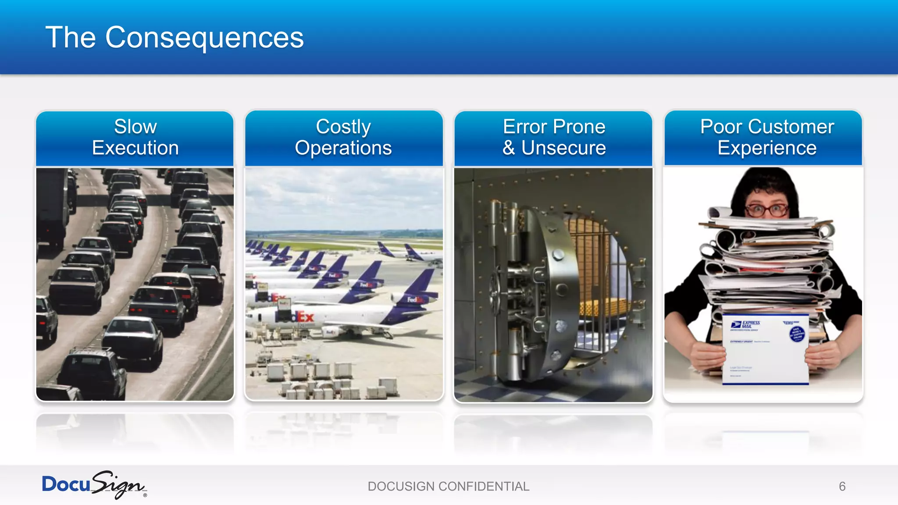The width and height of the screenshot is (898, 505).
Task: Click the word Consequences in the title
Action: click(x=204, y=38)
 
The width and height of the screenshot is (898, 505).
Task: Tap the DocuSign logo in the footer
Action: click(x=94, y=485)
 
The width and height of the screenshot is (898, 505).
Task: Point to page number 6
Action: click(x=842, y=486)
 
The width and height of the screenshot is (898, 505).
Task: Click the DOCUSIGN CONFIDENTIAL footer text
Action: click(x=449, y=486)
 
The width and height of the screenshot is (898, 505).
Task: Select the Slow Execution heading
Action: click(x=135, y=137)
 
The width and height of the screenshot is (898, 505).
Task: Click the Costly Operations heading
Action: click(x=343, y=137)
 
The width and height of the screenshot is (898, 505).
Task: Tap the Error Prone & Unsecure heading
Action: click(x=554, y=137)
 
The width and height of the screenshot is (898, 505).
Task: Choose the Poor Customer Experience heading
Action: click(x=767, y=137)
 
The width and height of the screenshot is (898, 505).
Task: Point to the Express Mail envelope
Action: click(x=765, y=349)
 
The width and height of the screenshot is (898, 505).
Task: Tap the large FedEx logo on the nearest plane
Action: click(x=295, y=317)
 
